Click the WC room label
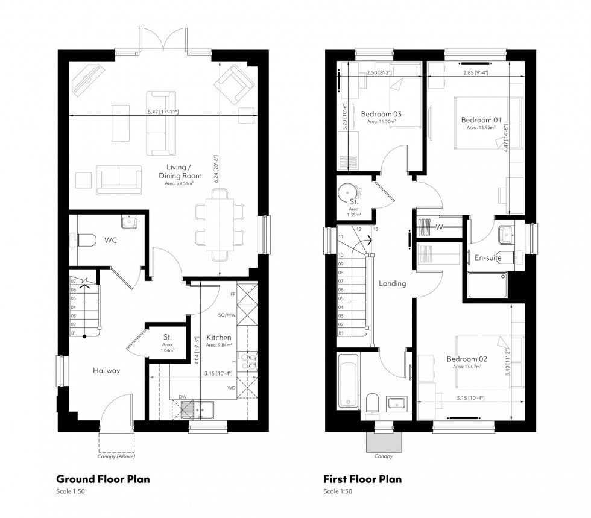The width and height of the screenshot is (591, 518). click(x=110, y=240)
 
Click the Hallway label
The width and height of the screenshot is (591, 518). click(x=106, y=370)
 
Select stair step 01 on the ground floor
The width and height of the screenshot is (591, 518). click(x=74, y=332)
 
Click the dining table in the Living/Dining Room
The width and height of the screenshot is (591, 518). click(x=220, y=221)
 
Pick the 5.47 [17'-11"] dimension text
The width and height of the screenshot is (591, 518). click(x=163, y=112)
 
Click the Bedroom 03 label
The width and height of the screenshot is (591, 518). click(x=381, y=113)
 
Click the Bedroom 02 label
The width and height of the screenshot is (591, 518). click(x=466, y=359)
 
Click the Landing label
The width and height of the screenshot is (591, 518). click(x=392, y=283)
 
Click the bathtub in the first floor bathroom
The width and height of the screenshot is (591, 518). click(x=348, y=381)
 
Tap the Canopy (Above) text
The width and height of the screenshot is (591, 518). click(x=118, y=456)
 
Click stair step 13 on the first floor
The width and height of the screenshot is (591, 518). click(x=375, y=230)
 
